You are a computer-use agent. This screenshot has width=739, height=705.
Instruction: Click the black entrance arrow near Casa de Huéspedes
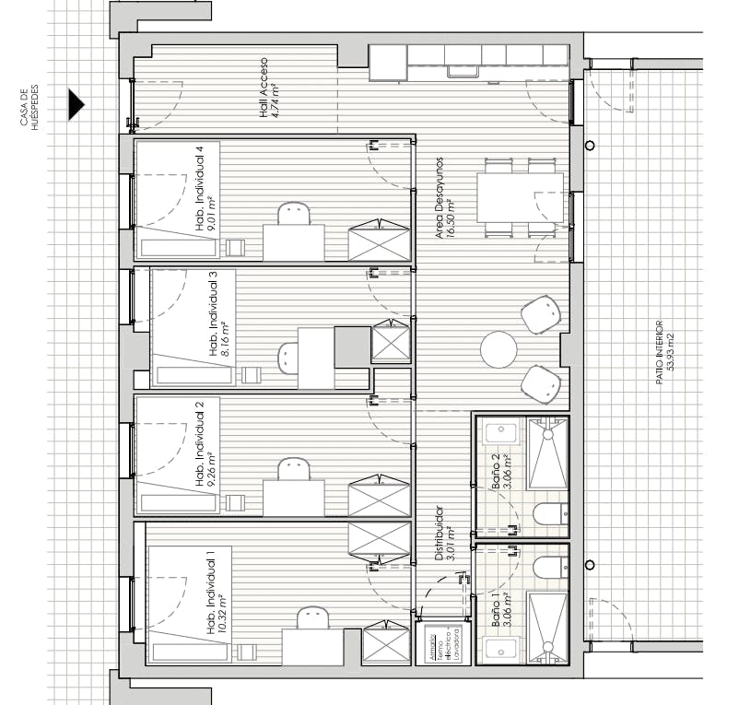click(x=76, y=105)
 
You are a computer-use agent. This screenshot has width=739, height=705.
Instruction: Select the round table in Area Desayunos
click(x=499, y=350)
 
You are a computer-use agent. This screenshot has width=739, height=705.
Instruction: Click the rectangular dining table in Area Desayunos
click(x=520, y=197)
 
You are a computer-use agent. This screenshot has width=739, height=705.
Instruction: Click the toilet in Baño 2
click(x=551, y=512)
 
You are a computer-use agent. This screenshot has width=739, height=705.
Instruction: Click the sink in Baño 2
click(x=499, y=433)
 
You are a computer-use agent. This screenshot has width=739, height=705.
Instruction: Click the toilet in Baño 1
click(x=551, y=567)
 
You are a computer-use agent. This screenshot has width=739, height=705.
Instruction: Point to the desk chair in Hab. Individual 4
click(x=293, y=213)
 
